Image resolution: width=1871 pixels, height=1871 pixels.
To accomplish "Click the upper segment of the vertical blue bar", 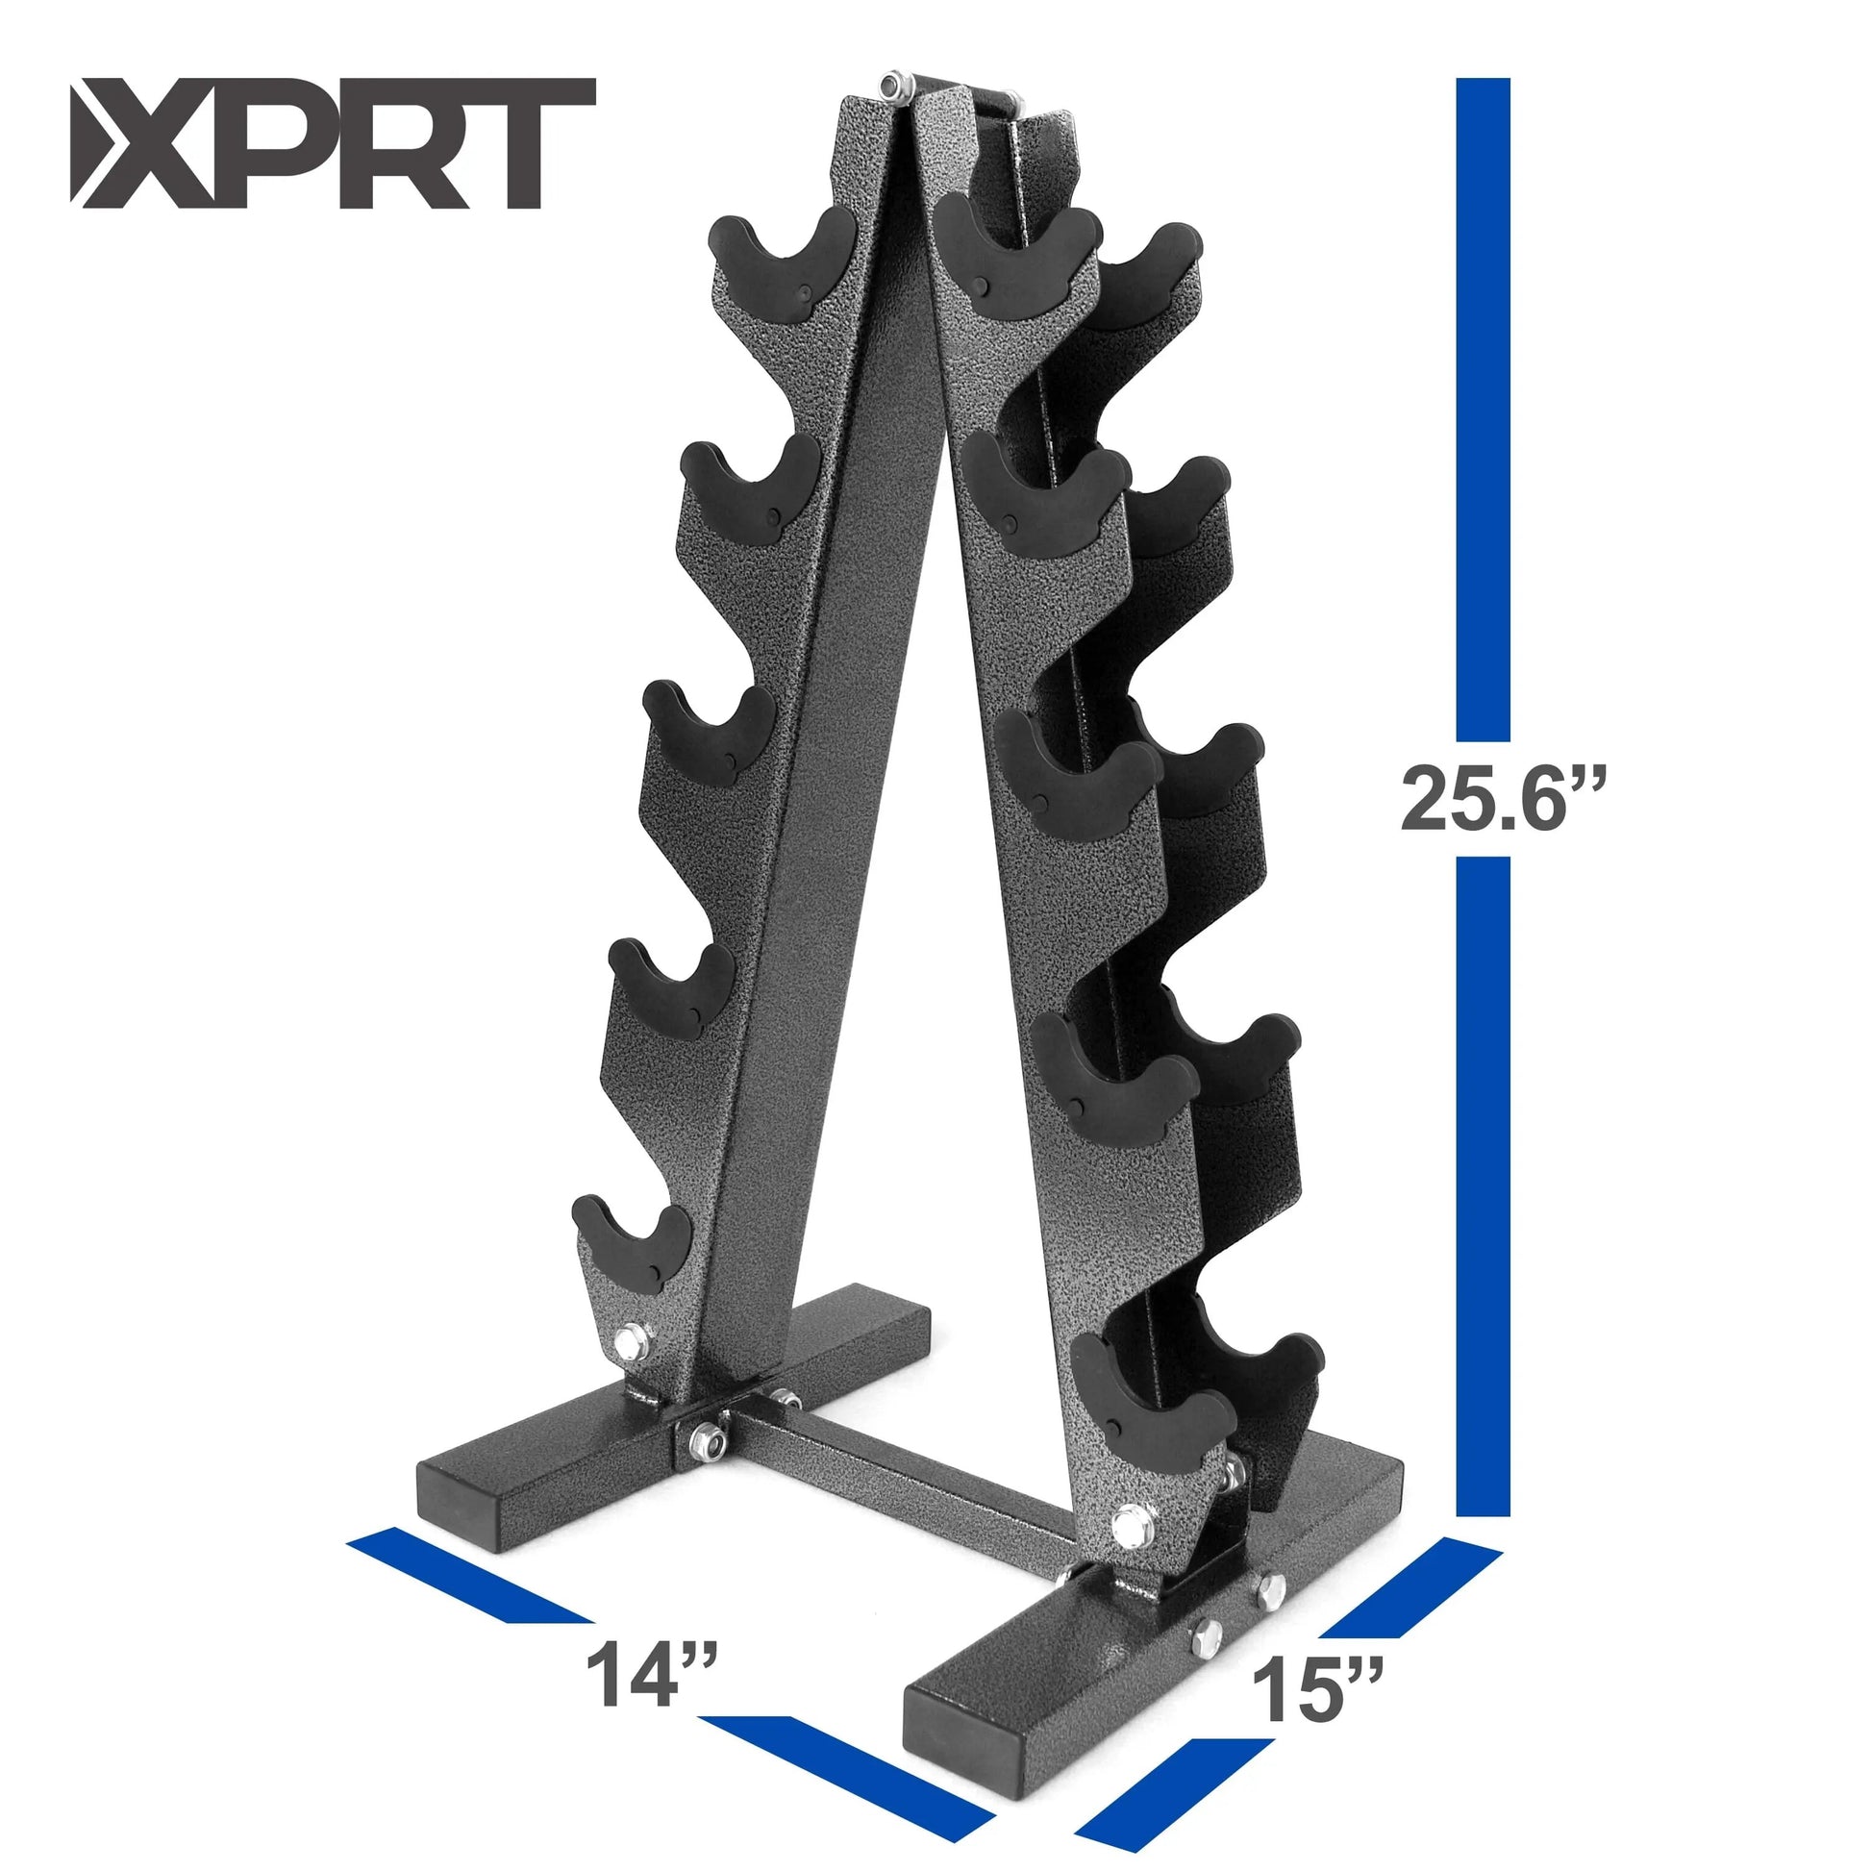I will [1483, 407].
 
